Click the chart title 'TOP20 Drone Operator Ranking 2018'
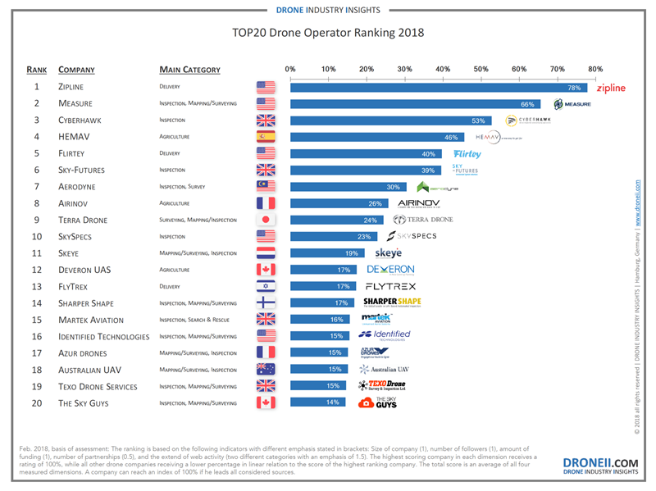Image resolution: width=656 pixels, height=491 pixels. click(x=329, y=35)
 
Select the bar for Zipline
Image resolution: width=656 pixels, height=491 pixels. click(x=439, y=87)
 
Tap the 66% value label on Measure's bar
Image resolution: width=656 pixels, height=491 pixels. click(x=527, y=104)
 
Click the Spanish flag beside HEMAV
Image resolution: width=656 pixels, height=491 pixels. click(x=266, y=137)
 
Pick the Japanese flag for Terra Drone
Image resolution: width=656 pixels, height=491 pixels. click(x=266, y=220)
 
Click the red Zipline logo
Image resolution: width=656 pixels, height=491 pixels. click(x=610, y=88)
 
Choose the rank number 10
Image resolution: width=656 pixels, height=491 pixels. click(x=37, y=237)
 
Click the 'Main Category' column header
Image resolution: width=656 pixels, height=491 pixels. click(x=189, y=70)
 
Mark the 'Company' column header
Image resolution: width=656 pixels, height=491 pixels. click(x=77, y=70)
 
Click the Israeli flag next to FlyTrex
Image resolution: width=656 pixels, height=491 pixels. click(x=266, y=287)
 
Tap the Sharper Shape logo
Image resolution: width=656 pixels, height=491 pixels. click(x=391, y=303)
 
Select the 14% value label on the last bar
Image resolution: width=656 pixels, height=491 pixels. click(x=332, y=402)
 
